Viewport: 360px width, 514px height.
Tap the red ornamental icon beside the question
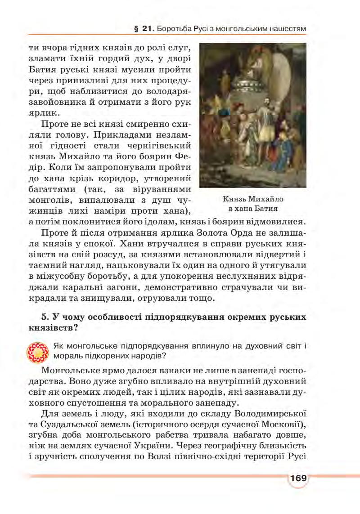click(x=38, y=352)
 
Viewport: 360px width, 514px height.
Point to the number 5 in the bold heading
click(x=43, y=317)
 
